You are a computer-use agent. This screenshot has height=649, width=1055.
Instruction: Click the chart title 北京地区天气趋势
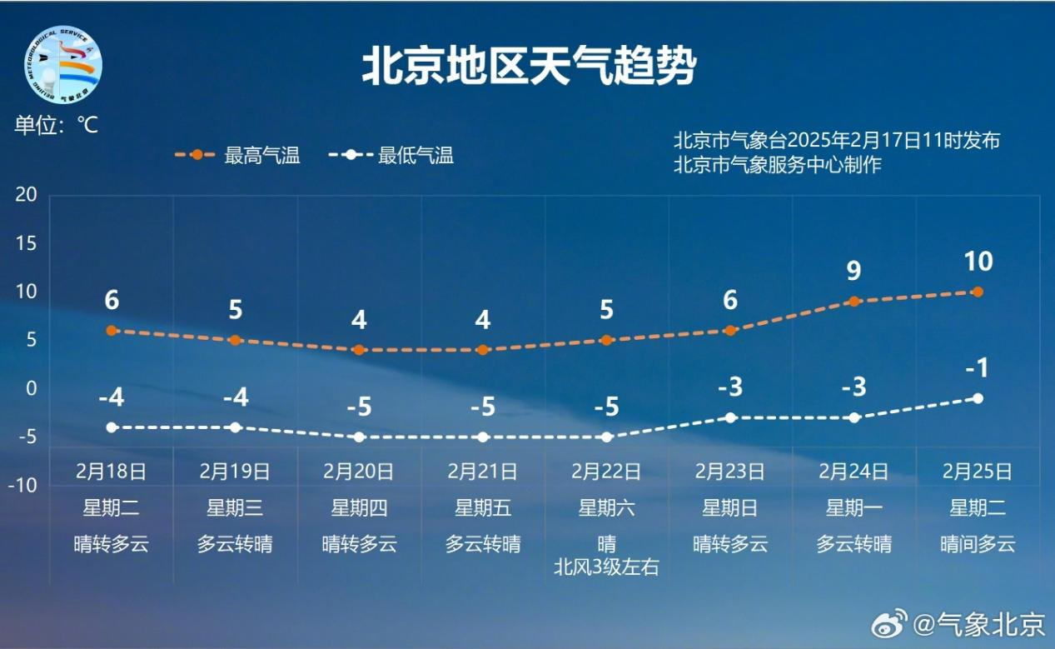pos(529,66)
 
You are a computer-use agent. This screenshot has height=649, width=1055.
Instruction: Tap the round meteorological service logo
pos(63,65)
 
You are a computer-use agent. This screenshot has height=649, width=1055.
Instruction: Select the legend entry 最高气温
pos(238,155)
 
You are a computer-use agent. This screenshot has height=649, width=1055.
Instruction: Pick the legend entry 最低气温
pos(391,155)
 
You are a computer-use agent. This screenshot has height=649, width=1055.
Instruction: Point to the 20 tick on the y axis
pos(26,194)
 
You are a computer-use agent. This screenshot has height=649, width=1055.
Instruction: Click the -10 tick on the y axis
pos(22,485)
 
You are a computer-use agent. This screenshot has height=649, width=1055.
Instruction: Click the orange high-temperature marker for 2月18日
pos(112,331)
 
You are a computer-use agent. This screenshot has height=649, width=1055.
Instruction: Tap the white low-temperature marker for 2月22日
pos(607,437)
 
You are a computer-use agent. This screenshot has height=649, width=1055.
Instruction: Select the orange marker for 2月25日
pos(978,292)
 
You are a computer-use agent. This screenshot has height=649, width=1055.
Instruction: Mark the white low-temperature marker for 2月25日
pos(978,398)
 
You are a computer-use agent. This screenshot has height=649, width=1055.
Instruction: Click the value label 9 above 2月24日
pos(853,271)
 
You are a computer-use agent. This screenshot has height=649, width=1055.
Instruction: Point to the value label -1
pos(978,367)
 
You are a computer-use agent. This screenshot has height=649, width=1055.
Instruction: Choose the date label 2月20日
pos(358,472)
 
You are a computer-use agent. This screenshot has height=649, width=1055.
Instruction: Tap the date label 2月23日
pos(730,472)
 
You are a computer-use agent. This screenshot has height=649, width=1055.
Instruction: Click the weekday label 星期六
pos(607,508)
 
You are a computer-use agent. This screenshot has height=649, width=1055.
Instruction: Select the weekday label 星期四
pos(359,508)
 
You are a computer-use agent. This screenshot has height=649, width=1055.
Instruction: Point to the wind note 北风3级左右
pos(606,567)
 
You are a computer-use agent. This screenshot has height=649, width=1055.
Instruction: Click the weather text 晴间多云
pos(978,544)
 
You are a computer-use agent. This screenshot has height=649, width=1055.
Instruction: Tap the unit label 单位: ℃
pos(57,125)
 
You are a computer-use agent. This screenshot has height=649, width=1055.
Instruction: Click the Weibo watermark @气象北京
pos(958,625)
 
